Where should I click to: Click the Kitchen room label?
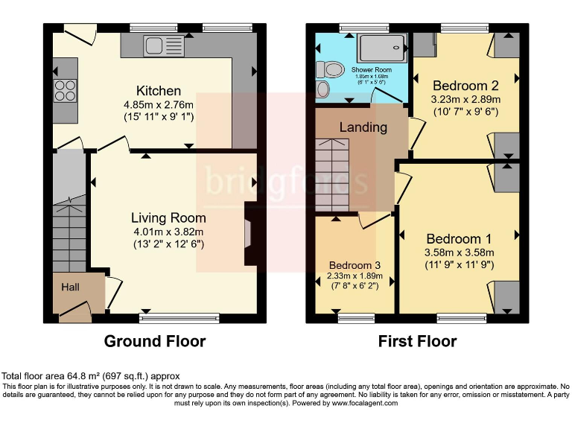pyautogui.click(x=159, y=91)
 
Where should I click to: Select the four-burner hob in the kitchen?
pyautogui.click(x=65, y=91)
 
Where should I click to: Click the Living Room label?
pyautogui.click(x=168, y=217)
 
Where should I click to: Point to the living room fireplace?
pyautogui.click(x=250, y=232)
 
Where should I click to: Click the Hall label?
pyautogui.click(x=70, y=287)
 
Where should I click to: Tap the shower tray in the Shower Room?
pyautogui.click(x=383, y=48)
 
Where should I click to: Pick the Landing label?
pyautogui.click(x=363, y=127)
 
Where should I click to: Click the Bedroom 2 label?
pyautogui.click(x=465, y=84)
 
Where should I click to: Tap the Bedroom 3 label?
pyautogui.click(x=355, y=266)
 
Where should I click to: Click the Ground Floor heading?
pyautogui.click(x=154, y=341)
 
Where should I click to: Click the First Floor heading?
pyautogui.click(x=417, y=341)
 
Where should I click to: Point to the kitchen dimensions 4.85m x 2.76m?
pyautogui.click(x=159, y=104)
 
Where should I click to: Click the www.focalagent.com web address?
pyautogui.click(x=365, y=403)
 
